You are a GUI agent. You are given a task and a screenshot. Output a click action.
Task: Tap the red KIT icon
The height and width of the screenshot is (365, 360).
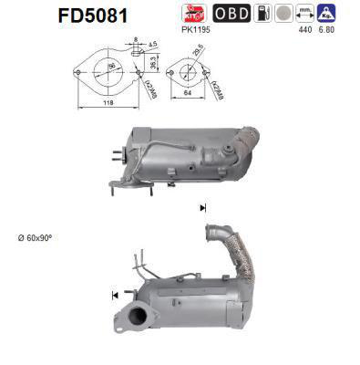coord(194,15)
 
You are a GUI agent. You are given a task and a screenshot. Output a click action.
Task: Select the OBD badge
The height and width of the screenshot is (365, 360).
coord(231,15)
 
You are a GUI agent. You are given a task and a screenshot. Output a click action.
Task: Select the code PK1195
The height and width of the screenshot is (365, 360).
coord(195,30)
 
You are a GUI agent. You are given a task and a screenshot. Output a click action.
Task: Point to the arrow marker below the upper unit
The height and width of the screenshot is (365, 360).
coord(201,208)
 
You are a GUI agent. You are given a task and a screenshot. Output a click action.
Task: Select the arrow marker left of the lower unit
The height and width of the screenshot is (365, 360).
coord(115,295)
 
